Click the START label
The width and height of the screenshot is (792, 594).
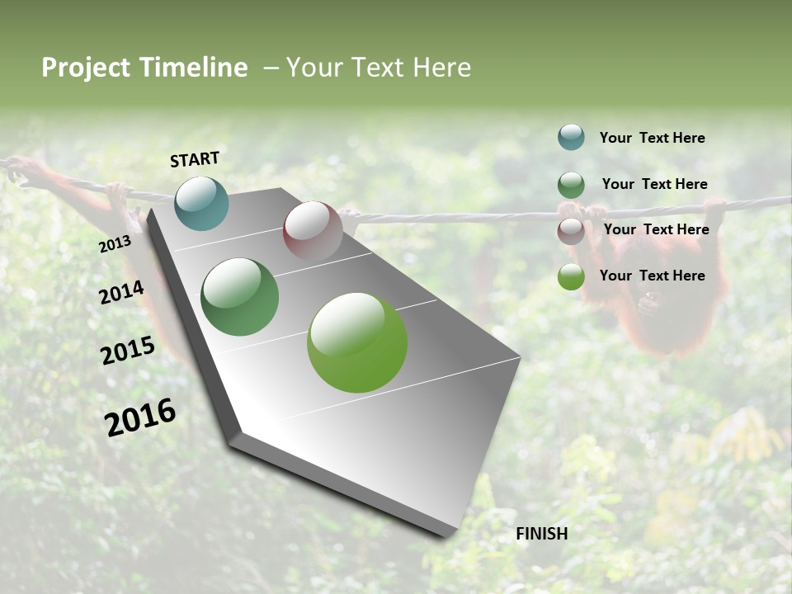tap(195, 159)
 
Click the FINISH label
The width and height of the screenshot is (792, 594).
tap(542, 534)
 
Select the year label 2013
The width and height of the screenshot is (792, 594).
tap(115, 244)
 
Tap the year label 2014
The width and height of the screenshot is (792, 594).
tap(121, 293)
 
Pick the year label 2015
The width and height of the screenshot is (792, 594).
tap(128, 351)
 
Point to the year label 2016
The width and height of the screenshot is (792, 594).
tap(140, 417)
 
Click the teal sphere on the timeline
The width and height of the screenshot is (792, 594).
tap(201, 203)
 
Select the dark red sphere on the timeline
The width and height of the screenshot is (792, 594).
tap(313, 231)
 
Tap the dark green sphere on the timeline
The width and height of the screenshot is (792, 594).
tap(239, 297)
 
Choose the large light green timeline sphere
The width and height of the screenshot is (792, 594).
tap(357, 342)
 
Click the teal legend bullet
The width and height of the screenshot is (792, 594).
tap(571, 137)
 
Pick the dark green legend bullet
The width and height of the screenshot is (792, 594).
tap(571, 185)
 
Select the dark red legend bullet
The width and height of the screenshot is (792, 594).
tap(571, 231)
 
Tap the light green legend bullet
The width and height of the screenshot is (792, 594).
tap(571, 276)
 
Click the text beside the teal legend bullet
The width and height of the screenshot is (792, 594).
tap(652, 138)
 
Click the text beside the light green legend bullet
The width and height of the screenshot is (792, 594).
tap(652, 276)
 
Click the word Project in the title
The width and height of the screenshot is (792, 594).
tap(86, 68)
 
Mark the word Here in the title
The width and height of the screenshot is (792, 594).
tap(442, 68)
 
